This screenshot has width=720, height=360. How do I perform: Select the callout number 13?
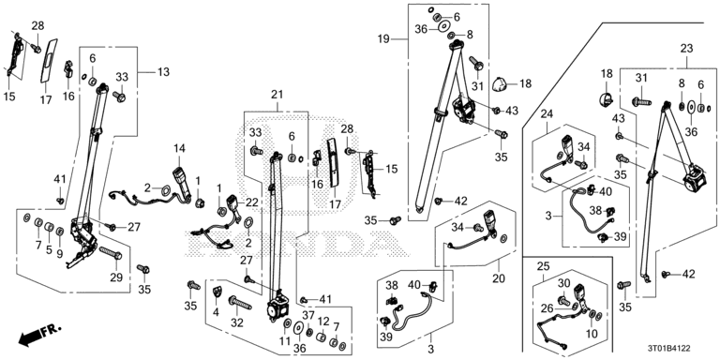tap(162, 71)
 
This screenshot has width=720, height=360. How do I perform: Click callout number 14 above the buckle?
tap(180, 148)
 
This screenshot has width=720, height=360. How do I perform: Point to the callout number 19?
tap(383, 39)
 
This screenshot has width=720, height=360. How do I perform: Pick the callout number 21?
tap(277, 95)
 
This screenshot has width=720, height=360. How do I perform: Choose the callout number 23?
tap(686, 48)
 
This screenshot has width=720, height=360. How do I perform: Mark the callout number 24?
tap(547, 113)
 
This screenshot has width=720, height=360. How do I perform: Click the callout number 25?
tap(543, 265)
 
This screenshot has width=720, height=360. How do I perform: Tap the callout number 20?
tap(499, 278)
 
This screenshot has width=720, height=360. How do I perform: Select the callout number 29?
tap(116, 277)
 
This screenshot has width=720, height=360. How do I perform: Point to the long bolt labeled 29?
tap(111, 252)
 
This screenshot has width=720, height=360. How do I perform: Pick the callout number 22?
tap(252, 202)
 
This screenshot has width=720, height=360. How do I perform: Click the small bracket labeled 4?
tap(217, 292)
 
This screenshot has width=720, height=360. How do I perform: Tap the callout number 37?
tap(308, 315)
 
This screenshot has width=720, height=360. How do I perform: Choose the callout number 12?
tap(323, 322)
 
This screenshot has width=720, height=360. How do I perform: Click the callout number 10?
tap(592, 334)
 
